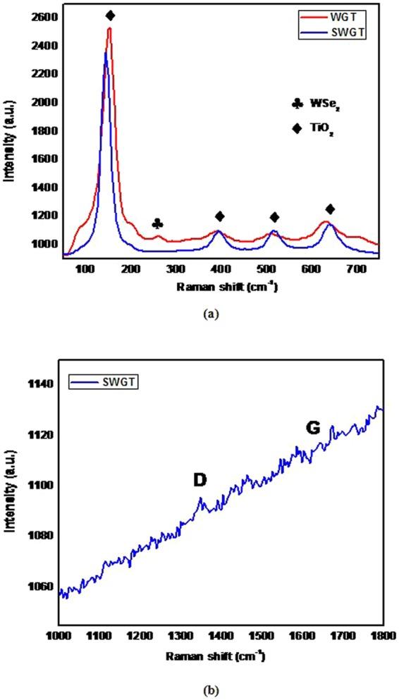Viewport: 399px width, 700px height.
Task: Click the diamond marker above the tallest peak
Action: coord(110,16)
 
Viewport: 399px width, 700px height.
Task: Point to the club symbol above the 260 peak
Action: coord(158,223)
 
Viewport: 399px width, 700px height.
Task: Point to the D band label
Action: coord(199,480)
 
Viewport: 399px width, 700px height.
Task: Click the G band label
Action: coord(312,428)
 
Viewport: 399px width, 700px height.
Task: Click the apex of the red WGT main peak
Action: coord(109,28)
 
